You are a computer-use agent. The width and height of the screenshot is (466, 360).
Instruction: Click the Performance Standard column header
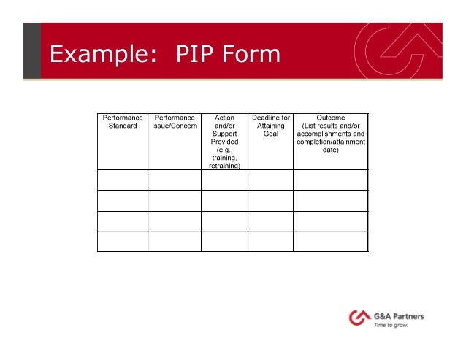(123, 121)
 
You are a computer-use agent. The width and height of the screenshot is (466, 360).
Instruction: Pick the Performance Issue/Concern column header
(175, 121)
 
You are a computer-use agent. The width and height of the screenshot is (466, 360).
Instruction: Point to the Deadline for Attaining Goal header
(271, 126)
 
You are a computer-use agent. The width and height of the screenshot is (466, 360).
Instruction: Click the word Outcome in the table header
(331, 118)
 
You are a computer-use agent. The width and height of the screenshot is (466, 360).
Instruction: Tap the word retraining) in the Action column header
(224, 166)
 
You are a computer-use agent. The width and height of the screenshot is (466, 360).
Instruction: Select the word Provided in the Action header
(224, 142)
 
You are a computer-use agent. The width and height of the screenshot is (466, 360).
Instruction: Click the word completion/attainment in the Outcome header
(331, 142)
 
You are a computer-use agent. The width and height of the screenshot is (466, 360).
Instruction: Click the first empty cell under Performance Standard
(123, 180)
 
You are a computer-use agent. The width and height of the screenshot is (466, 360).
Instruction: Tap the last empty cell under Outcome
(331, 241)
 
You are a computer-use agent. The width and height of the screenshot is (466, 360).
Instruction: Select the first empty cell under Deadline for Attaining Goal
(271, 180)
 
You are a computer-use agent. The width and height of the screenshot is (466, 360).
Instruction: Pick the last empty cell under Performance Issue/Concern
(175, 241)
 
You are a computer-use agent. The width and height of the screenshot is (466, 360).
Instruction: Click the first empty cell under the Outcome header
(331, 180)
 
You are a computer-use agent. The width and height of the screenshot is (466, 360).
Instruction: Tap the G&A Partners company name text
(400, 316)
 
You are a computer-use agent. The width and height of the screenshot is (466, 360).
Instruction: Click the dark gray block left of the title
(31, 50)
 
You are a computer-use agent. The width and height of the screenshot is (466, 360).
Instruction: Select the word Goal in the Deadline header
(271, 134)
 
